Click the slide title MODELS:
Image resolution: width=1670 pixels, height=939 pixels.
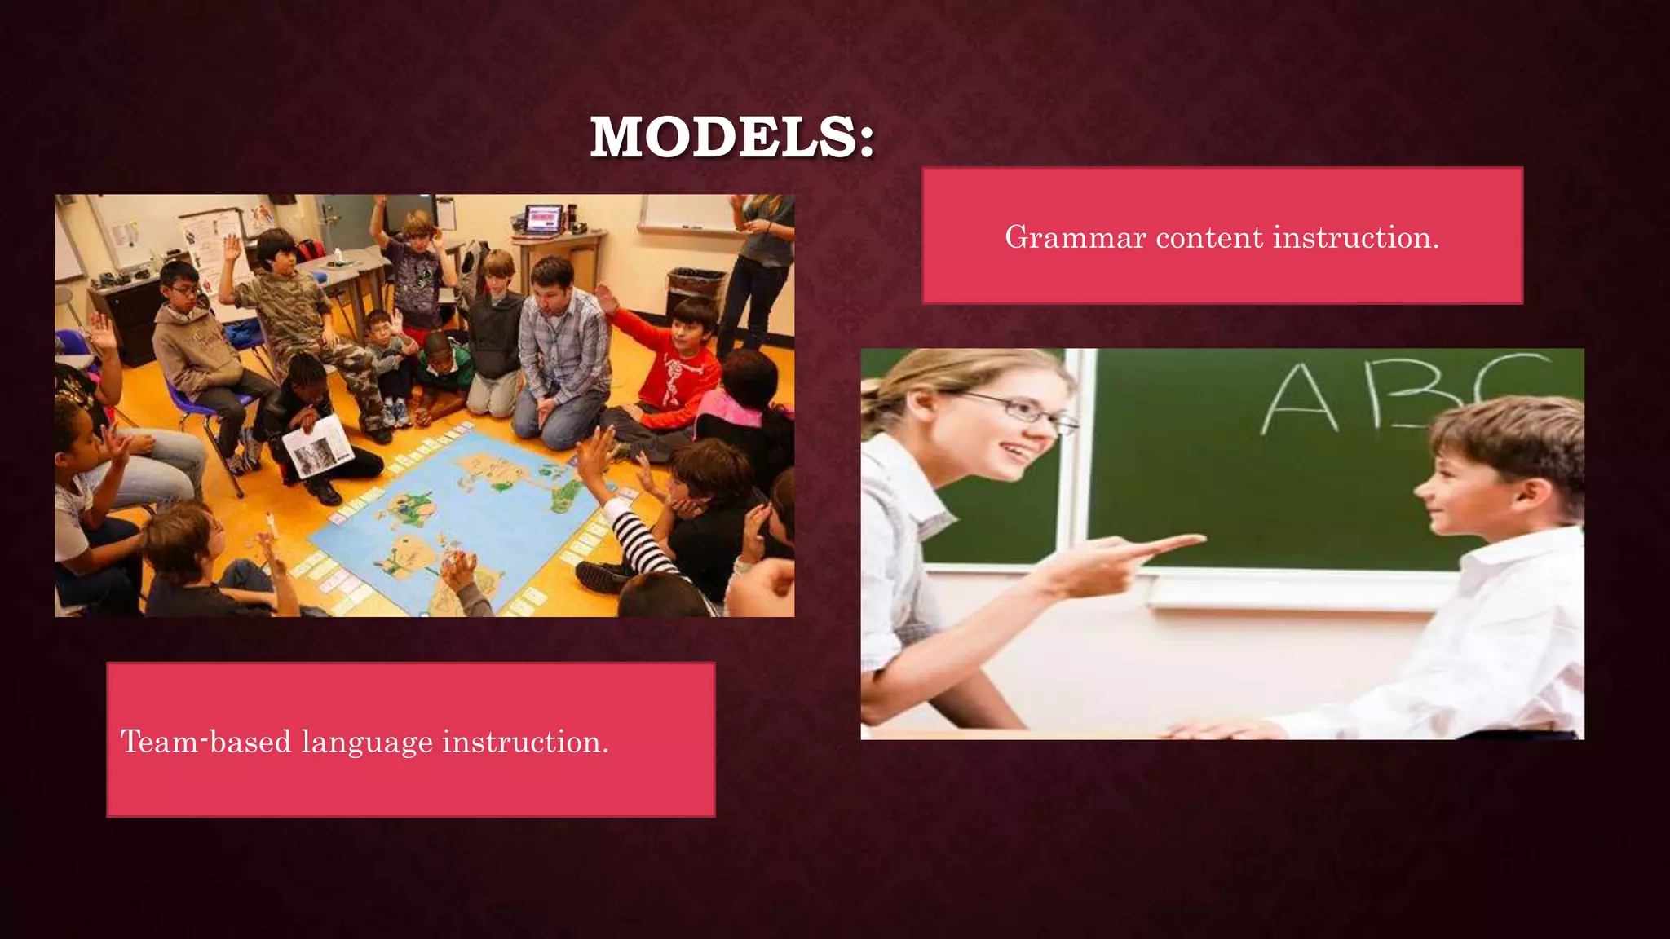[x=731, y=137]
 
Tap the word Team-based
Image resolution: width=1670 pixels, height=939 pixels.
[x=205, y=742]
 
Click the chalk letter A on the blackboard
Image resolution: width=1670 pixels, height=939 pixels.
[x=1301, y=399]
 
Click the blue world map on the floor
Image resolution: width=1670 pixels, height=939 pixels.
[x=457, y=522]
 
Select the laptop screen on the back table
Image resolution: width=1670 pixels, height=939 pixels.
[x=544, y=218]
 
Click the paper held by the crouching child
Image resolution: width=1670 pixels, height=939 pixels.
[x=318, y=444]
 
